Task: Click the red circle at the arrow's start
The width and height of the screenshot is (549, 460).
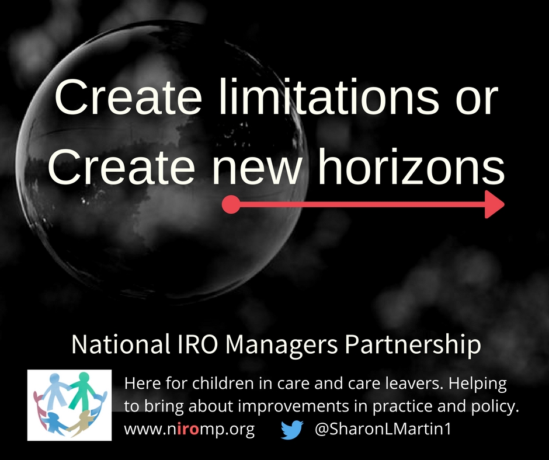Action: click(x=231, y=204)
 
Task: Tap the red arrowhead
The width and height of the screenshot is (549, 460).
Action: click(x=494, y=204)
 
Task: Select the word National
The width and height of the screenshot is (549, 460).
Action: click(x=119, y=344)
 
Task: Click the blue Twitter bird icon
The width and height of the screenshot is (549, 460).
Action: click(x=291, y=430)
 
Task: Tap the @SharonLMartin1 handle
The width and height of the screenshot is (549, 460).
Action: click(x=383, y=429)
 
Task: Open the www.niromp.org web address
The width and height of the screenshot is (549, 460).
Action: click(x=189, y=430)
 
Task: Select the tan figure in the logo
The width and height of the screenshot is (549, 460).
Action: click(x=81, y=422)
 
